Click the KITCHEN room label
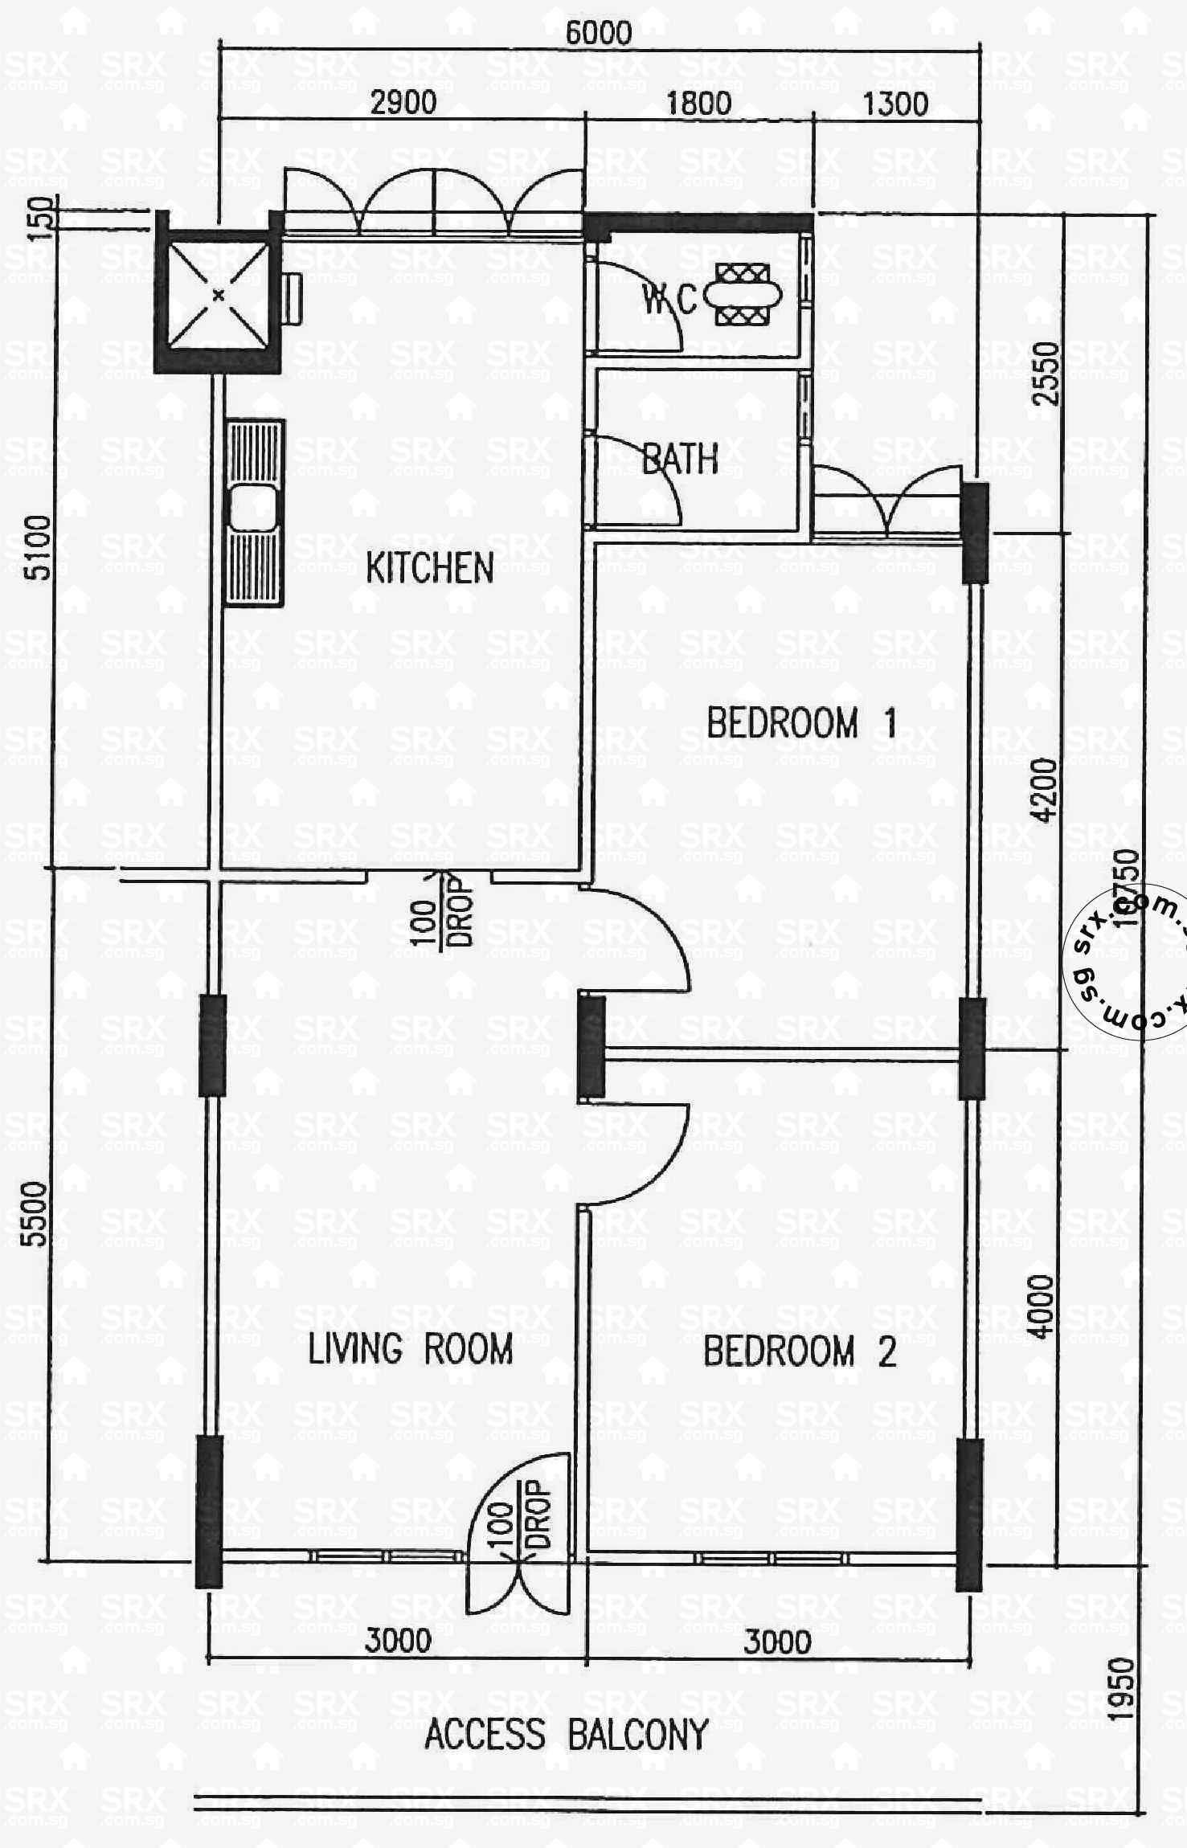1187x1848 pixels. click(429, 568)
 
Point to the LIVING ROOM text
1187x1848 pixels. click(411, 1349)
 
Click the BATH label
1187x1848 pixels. click(680, 460)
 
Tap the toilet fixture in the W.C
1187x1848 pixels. click(743, 296)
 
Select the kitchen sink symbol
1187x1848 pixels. click(253, 512)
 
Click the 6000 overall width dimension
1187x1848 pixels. click(599, 33)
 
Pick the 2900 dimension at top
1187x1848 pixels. click(403, 103)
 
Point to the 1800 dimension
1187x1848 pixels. click(698, 103)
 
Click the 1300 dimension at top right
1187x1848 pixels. click(895, 104)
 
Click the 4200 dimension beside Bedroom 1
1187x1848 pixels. click(1043, 790)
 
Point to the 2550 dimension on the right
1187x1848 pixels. click(1046, 374)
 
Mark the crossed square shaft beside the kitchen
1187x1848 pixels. click(218, 296)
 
